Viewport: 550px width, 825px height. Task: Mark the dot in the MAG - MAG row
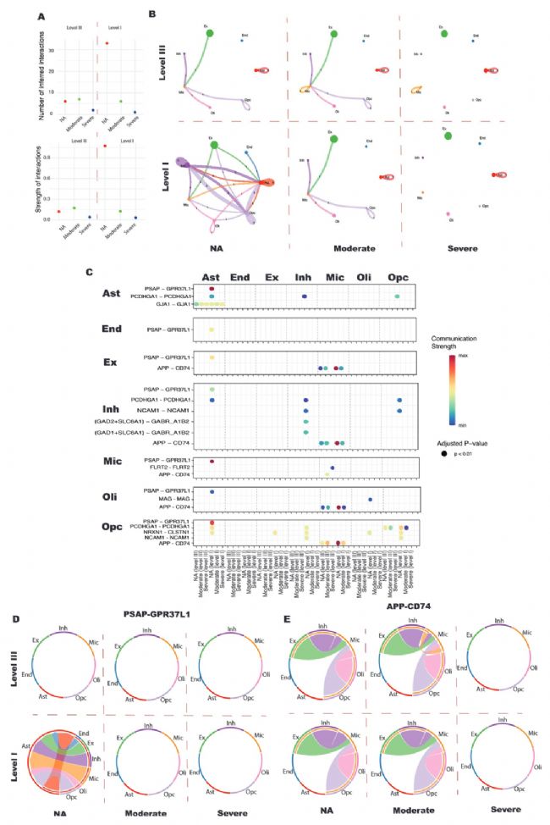point(371,499)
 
